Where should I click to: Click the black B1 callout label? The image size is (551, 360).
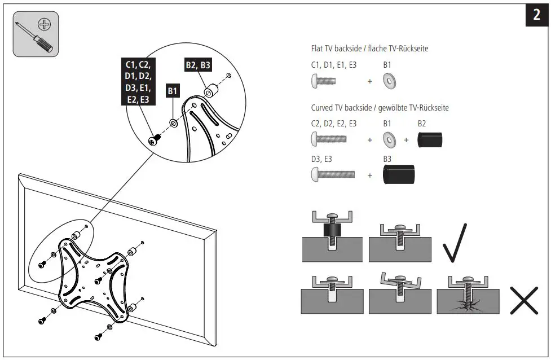point(173,91)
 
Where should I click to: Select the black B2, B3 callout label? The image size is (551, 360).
point(198,65)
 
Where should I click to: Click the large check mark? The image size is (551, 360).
point(455,243)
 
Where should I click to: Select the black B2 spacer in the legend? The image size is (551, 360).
point(430,139)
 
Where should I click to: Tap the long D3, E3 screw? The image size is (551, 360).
point(332,175)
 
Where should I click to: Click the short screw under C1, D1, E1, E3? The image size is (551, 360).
point(323,81)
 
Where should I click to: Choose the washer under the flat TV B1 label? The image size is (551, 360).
point(389,82)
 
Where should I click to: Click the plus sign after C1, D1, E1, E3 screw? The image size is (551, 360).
point(370,82)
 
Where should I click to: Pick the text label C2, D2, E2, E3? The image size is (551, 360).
point(334,124)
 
